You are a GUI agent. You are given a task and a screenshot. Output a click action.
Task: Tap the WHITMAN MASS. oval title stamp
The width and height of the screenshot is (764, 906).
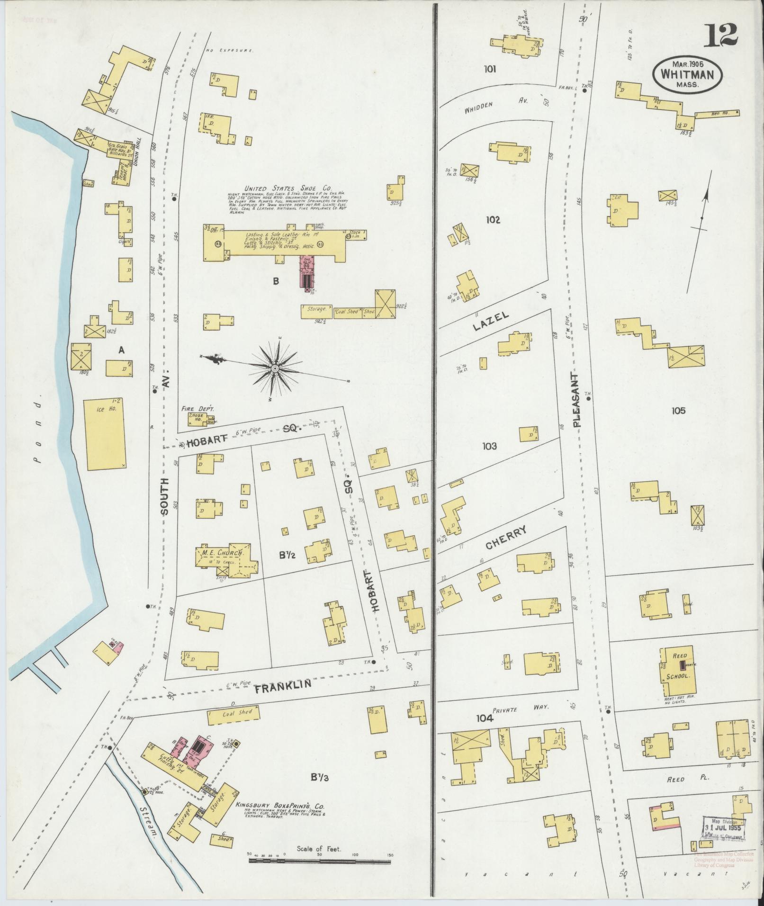pyautogui.click(x=687, y=75)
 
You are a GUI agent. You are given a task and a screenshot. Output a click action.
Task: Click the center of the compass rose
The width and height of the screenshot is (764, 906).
pyautogui.click(x=275, y=368)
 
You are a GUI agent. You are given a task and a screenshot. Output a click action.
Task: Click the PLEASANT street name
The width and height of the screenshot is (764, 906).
pyautogui.click(x=576, y=400)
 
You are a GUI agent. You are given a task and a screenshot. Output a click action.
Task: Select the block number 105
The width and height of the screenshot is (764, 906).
pyautogui.click(x=678, y=411)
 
